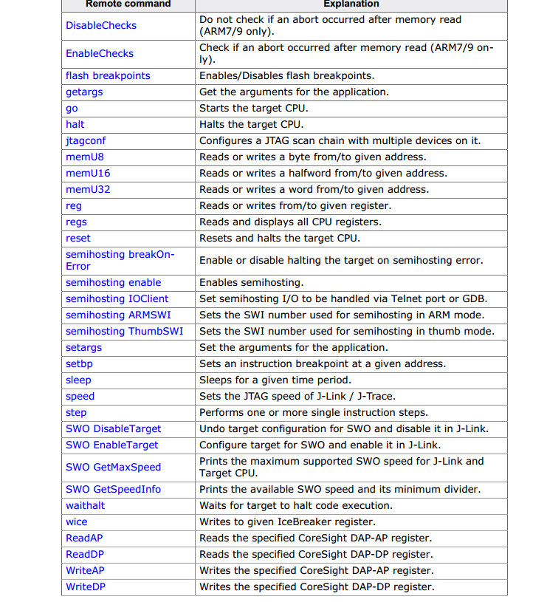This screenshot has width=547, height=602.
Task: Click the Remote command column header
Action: [x=128, y=4]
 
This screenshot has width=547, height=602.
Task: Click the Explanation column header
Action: [x=351, y=4]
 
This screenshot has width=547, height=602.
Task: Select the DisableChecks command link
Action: [x=101, y=25]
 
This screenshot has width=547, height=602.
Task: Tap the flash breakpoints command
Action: [x=108, y=75]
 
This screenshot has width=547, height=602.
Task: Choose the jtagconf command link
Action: [x=86, y=140]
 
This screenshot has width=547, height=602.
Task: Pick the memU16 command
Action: [x=88, y=173]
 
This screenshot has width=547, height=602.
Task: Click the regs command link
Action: [x=76, y=222]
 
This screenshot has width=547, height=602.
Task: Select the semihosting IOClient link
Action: [x=117, y=298]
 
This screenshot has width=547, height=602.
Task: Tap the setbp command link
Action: [x=79, y=363]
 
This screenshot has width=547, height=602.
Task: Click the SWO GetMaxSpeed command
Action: [x=113, y=467]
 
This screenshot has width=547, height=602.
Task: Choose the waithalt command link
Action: [x=85, y=505]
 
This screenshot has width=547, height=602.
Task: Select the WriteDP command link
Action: [x=85, y=586]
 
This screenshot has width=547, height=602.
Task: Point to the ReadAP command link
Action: [x=84, y=538]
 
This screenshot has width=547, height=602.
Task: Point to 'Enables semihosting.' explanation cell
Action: [x=251, y=282]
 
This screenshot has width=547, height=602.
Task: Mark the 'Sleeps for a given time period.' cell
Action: [x=275, y=380]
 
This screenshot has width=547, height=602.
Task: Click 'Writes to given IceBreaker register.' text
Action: [x=288, y=521]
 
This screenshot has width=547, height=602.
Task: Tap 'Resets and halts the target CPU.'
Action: [x=280, y=238]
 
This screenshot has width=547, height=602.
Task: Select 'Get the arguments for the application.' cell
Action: [x=294, y=92]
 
